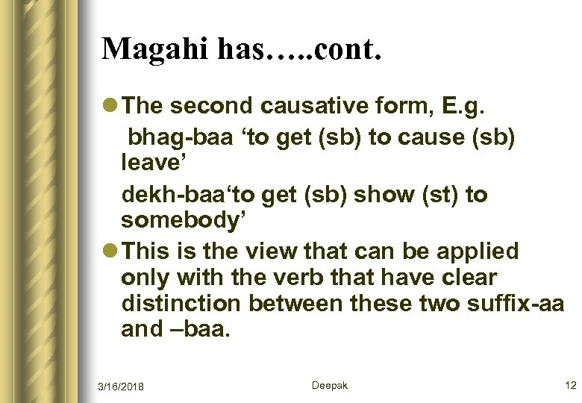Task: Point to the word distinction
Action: (181, 304)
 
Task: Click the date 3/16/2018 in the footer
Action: (121, 386)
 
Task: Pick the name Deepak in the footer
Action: (329, 385)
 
